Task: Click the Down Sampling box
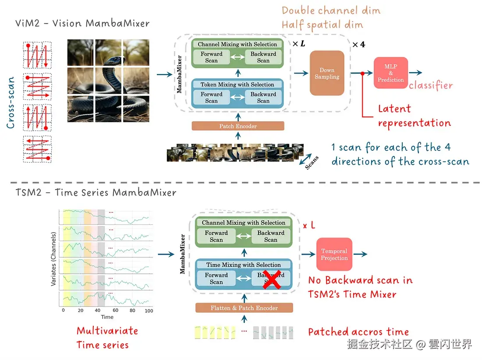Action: point(327,73)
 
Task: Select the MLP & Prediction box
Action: point(391,73)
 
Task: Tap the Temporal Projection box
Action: point(334,254)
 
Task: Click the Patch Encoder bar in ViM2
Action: point(238,126)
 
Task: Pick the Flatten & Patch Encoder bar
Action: point(244,308)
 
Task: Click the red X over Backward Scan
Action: point(271,279)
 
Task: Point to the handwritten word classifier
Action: point(430,85)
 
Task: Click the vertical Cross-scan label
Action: point(11,103)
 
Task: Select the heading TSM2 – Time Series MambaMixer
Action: point(96,192)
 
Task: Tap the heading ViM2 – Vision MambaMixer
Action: point(82,23)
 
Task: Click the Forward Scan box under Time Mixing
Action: point(216,279)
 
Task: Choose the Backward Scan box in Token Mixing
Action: point(263,97)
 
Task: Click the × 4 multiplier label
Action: point(359,45)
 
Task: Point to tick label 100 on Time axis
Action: point(149,311)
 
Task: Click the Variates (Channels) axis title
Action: point(53,259)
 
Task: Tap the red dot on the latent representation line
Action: point(362,73)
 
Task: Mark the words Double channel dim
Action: point(325,10)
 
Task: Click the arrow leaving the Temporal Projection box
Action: point(361,254)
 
